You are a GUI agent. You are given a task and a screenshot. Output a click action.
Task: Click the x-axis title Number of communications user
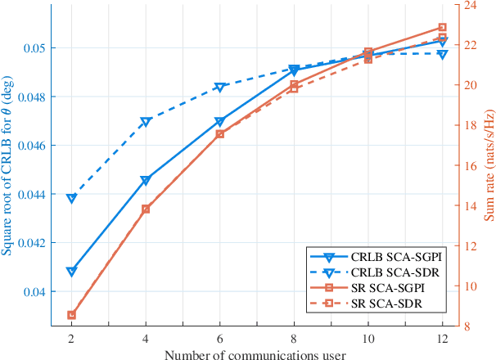[256, 354]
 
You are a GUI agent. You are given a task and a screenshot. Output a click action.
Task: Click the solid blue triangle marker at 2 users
[71, 272]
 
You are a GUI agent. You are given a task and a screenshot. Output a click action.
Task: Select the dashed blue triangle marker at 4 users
[146, 122]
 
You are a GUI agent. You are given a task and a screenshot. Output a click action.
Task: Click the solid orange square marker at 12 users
[442, 28]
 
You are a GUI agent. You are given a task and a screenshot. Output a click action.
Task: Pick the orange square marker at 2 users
[71, 315]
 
